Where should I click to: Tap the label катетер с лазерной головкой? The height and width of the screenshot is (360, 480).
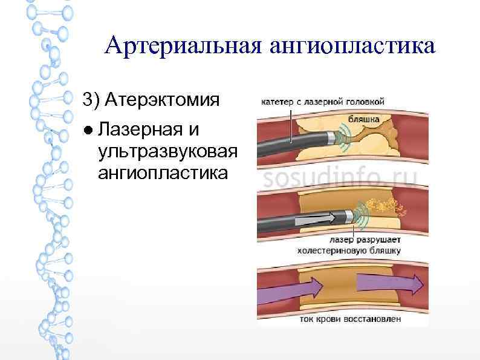click(322, 102)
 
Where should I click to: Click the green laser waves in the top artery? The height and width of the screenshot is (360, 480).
click(346, 138)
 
